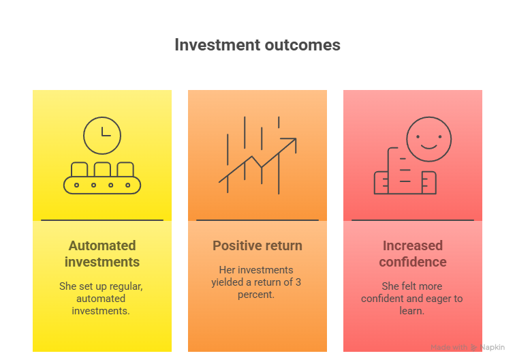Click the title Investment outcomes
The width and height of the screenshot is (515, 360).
257,45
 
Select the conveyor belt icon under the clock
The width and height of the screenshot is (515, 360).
102,178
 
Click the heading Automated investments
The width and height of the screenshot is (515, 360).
102,254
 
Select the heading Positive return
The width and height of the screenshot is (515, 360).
257,245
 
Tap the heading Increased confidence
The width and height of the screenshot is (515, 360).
413,254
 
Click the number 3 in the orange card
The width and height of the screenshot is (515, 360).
298,282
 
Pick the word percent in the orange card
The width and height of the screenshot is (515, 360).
256,295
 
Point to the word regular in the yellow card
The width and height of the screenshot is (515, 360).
126,286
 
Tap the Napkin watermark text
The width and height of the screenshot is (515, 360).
492,347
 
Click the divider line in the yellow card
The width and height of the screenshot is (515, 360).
102,220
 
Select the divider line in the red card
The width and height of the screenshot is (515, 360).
413,220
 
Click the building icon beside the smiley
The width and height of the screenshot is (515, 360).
405,171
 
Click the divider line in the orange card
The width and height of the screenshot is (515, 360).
257,220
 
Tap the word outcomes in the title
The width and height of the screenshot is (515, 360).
302,45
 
